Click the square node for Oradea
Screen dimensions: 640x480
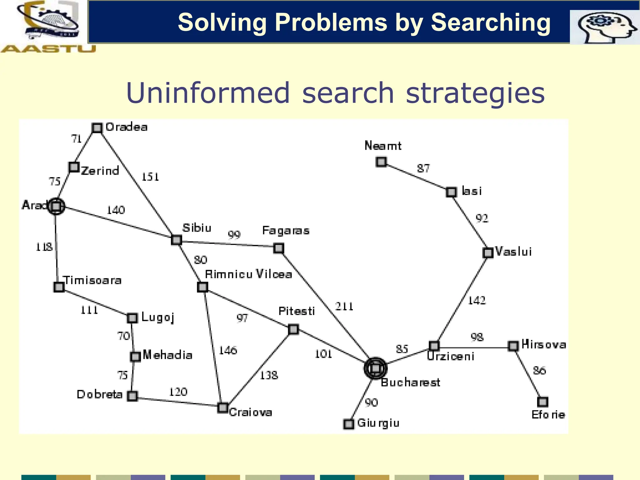pos(97,128)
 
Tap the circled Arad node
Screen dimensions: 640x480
pos(56,206)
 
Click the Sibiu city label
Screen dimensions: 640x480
pos(197,228)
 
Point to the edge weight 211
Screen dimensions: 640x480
pos(344,306)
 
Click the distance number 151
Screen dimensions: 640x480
pos(150,177)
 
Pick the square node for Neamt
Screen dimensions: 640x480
pos(381,162)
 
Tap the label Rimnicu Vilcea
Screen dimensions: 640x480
pos(248,274)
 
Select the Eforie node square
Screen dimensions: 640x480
pos(543,402)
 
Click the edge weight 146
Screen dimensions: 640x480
pos(228,350)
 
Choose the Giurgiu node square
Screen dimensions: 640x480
pos(349,424)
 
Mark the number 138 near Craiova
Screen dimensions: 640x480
pos(269,375)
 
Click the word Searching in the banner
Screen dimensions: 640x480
pos(490,22)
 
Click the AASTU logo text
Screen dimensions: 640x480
pos(48,49)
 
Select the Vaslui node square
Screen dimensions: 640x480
pos(488,252)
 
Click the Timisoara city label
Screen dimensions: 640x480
pos(92,280)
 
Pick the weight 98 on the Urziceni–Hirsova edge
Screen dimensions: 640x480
pos(477,337)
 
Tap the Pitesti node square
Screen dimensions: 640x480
pos(293,329)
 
